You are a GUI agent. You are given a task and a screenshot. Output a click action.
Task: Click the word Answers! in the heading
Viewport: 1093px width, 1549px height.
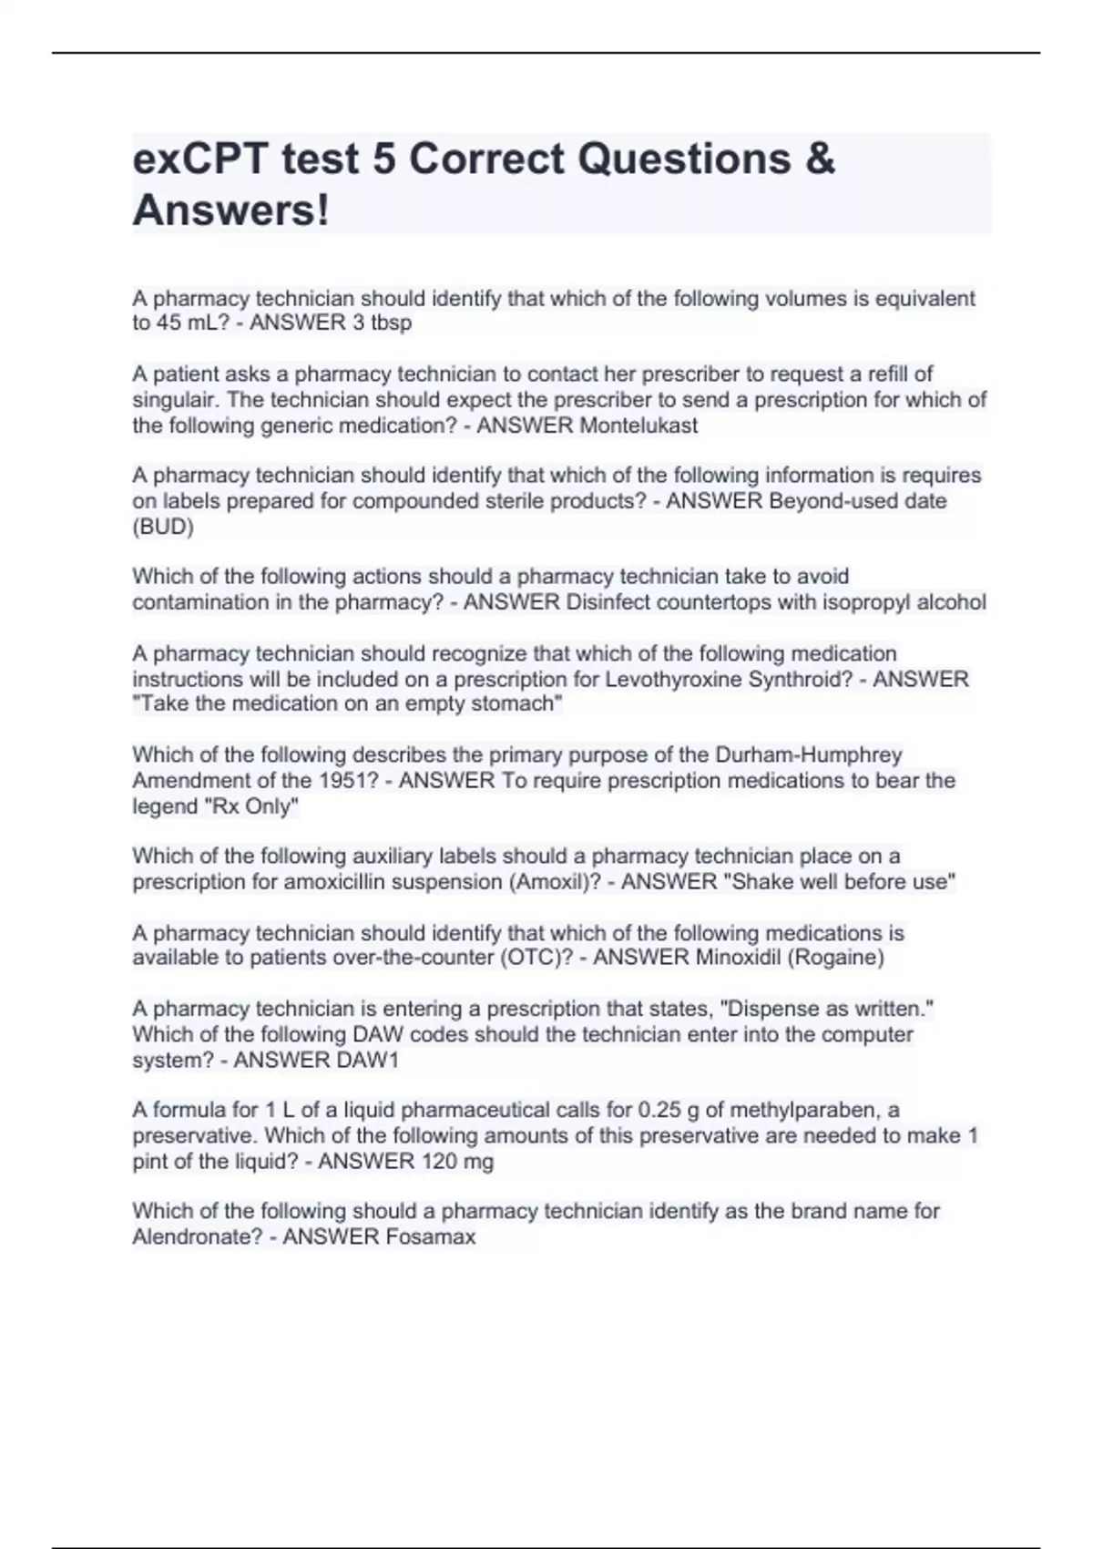(230, 211)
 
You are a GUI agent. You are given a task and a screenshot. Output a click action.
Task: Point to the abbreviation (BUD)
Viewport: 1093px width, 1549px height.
(163, 527)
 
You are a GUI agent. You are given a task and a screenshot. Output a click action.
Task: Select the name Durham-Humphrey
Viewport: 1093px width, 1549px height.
(809, 755)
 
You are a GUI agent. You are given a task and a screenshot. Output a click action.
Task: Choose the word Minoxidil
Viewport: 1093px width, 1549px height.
(735, 958)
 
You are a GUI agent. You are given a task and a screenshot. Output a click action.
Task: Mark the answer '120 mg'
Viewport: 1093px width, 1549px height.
(457, 1162)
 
